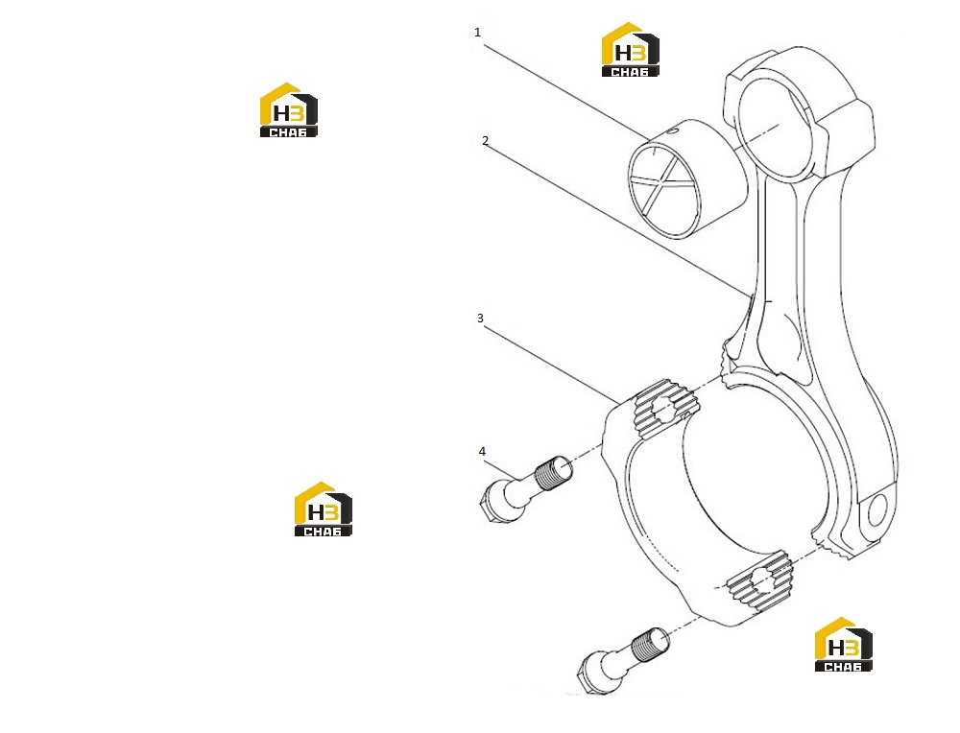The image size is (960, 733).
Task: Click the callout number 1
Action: [x=477, y=33]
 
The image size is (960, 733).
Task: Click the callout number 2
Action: [x=486, y=141]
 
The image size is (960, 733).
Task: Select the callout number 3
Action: [x=481, y=319]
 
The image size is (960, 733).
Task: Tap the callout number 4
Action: [x=482, y=452]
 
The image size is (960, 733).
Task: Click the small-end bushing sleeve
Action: [x=688, y=178]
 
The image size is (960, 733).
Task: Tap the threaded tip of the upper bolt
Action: [x=554, y=473]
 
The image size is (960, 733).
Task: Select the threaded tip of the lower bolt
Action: [x=650, y=645]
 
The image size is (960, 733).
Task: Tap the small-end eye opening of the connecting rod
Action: [x=779, y=128]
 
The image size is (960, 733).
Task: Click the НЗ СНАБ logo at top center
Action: [x=630, y=50]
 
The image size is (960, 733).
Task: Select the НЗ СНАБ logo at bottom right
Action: [x=843, y=645]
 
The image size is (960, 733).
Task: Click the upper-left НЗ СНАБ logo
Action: [x=288, y=110]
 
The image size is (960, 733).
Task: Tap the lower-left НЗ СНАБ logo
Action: [x=324, y=509]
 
